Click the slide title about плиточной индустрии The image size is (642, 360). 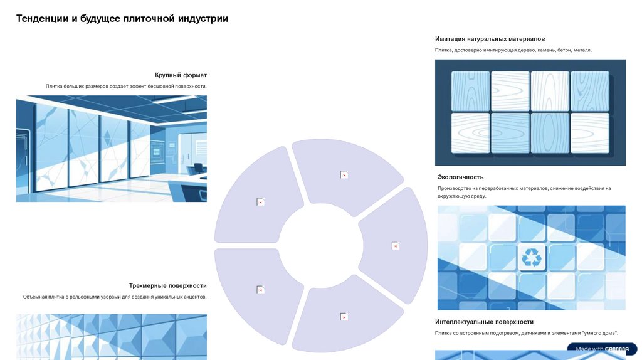click(122, 19)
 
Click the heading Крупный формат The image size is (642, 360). click(181, 75)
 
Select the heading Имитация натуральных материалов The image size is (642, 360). click(490, 39)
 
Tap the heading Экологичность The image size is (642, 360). click(461, 177)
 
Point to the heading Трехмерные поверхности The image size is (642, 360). click(168, 285)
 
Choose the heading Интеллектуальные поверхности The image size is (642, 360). click(485, 322)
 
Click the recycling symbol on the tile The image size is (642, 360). click(532, 258)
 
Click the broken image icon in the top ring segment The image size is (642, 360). click(344, 175)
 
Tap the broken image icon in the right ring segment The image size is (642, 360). click(395, 246)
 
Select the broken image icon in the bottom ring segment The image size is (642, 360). click(344, 317)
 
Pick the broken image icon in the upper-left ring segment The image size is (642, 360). click(260, 202)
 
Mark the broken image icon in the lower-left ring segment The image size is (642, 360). click(260, 290)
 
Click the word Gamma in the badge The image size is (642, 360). click(617, 349)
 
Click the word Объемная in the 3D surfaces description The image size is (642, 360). click(34, 297)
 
